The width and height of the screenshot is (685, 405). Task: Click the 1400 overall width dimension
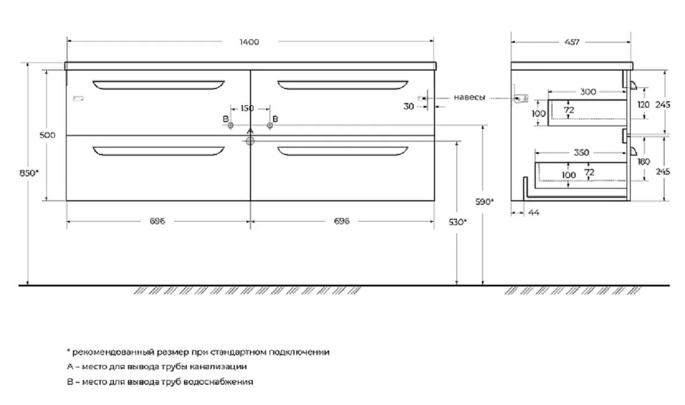click(x=249, y=42)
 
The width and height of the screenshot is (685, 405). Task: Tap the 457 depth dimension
click(x=572, y=42)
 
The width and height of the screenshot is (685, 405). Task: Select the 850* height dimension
click(x=29, y=173)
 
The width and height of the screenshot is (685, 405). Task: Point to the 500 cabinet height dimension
click(x=47, y=135)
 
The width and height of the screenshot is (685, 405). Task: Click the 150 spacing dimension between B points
click(x=247, y=108)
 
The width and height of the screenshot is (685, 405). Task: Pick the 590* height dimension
click(x=485, y=202)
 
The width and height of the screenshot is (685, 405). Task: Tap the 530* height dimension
click(x=458, y=222)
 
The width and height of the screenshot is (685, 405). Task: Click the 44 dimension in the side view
click(x=534, y=213)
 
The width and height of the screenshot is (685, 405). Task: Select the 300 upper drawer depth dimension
click(x=588, y=92)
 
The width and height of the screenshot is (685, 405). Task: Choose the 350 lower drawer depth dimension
click(x=581, y=153)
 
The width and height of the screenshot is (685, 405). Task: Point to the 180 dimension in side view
click(x=643, y=161)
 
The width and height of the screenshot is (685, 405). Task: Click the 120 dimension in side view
click(x=643, y=105)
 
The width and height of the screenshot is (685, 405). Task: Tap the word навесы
click(x=469, y=97)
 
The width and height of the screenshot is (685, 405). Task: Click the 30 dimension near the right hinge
click(x=408, y=106)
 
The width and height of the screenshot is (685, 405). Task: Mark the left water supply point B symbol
click(x=231, y=126)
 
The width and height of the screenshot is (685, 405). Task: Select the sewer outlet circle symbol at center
click(x=250, y=141)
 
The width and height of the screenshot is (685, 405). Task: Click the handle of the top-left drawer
click(x=159, y=84)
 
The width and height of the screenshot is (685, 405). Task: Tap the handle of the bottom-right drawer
click(x=343, y=151)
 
